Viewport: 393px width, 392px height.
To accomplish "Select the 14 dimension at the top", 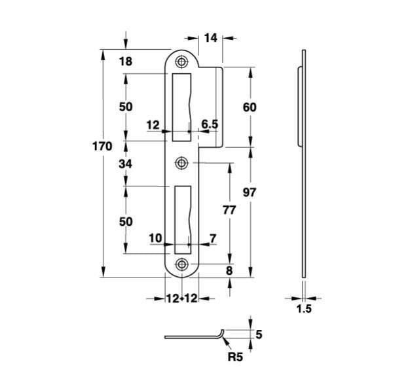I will [x=210, y=39].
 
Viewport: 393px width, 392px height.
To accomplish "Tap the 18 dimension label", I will [x=126, y=62].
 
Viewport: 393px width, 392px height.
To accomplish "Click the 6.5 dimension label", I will [x=210, y=124].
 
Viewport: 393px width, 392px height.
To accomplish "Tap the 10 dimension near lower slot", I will [x=155, y=238].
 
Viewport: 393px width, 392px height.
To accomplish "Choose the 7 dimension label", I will [x=212, y=238].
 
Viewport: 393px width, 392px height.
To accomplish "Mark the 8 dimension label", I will [x=229, y=270].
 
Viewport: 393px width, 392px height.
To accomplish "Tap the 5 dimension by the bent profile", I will [x=258, y=334].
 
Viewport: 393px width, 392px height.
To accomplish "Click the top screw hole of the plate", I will [x=180, y=62].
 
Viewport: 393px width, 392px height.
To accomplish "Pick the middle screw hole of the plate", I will [x=180, y=163].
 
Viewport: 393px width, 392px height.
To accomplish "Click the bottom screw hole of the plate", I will [x=180, y=264].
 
